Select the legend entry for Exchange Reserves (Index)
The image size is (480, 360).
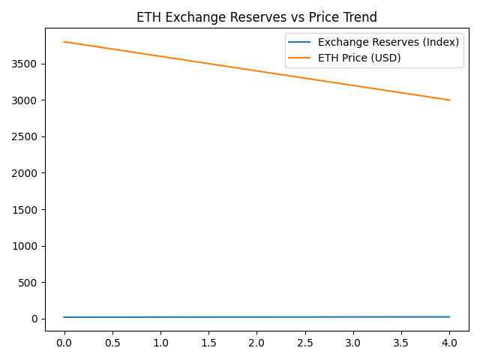click(x=388, y=42)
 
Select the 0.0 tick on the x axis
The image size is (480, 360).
click(x=64, y=343)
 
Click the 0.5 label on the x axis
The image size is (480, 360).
click(x=112, y=343)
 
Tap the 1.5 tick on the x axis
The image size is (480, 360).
click(x=208, y=343)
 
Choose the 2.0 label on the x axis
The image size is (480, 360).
click(x=256, y=343)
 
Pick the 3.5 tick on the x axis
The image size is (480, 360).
click(x=401, y=343)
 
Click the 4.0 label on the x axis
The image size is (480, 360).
click(x=449, y=343)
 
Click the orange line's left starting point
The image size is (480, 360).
click(x=64, y=42)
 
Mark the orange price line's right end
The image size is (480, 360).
click(x=449, y=100)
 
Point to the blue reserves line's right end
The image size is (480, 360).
click(x=449, y=316)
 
